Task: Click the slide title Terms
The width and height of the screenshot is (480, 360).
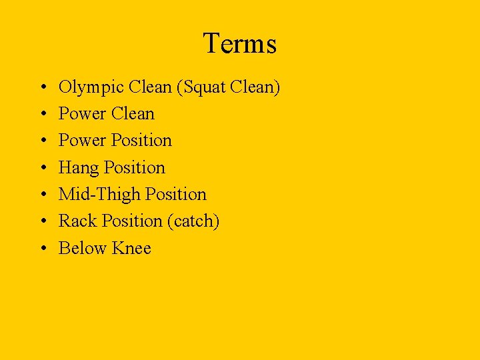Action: (239, 44)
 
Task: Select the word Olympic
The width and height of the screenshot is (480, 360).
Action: (91, 88)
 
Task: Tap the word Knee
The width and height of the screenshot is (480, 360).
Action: (132, 248)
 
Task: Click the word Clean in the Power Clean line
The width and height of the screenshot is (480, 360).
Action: (133, 114)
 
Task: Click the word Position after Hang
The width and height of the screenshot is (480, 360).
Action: (135, 168)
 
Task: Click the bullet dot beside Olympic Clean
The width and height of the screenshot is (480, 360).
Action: (41, 88)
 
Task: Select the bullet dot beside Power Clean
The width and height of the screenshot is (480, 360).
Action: (41, 115)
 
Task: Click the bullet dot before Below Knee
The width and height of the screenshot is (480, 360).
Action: (41, 249)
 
